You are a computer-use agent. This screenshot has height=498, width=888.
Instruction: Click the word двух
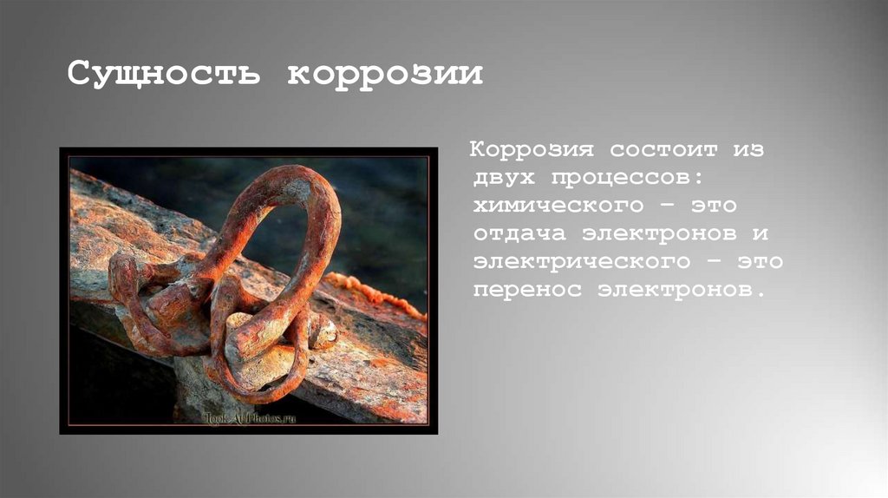(x=502, y=178)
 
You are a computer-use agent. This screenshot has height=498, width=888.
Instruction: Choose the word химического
(x=558, y=206)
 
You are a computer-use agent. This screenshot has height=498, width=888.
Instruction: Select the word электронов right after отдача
(x=652, y=234)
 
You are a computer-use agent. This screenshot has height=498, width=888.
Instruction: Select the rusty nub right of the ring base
(x=324, y=331)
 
